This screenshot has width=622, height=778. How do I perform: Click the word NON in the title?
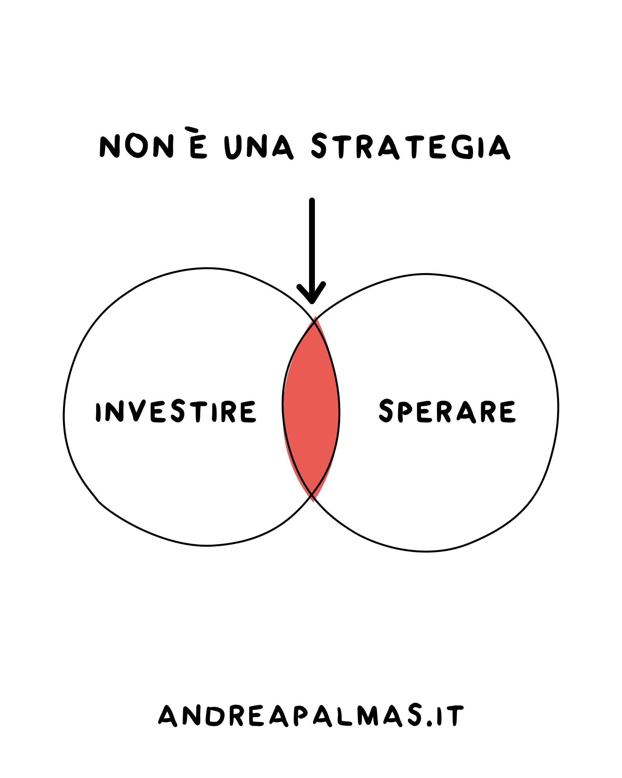(x=136, y=146)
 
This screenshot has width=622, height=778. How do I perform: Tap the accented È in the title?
(x=198, y=147)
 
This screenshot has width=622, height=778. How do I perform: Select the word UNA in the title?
(x=259, y=147)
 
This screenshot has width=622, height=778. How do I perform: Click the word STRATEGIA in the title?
(x=410, y=147)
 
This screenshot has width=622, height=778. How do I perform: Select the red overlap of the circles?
(x=311, y=408)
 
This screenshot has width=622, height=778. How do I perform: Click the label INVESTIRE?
(x=176, y=412)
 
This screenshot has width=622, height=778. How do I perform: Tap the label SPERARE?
(x=447, y=411)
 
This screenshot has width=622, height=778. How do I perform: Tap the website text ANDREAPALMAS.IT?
(x=311, y=716)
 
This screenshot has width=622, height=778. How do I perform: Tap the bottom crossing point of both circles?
(x=312, y=495)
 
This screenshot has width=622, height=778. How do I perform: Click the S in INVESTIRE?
(x=178, y=412)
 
